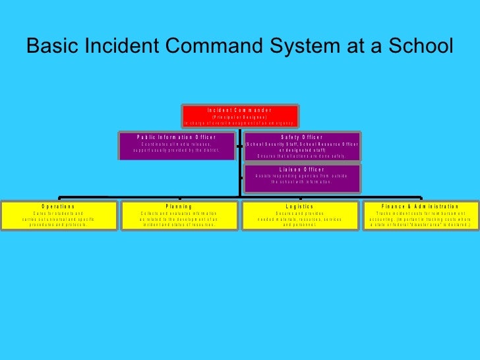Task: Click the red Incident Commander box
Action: click(240, 116)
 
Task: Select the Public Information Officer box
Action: click(177, 146)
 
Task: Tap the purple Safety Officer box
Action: click(303, 146)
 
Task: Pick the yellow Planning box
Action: click(179, 215)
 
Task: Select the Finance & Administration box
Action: click(420, 215)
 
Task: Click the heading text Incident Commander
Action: click(240, 109)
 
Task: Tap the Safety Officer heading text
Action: click(303, 136)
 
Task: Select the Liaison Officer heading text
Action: click(303, 169)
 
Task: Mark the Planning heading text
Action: click(179, 206)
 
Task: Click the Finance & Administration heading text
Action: click(420, 206)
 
